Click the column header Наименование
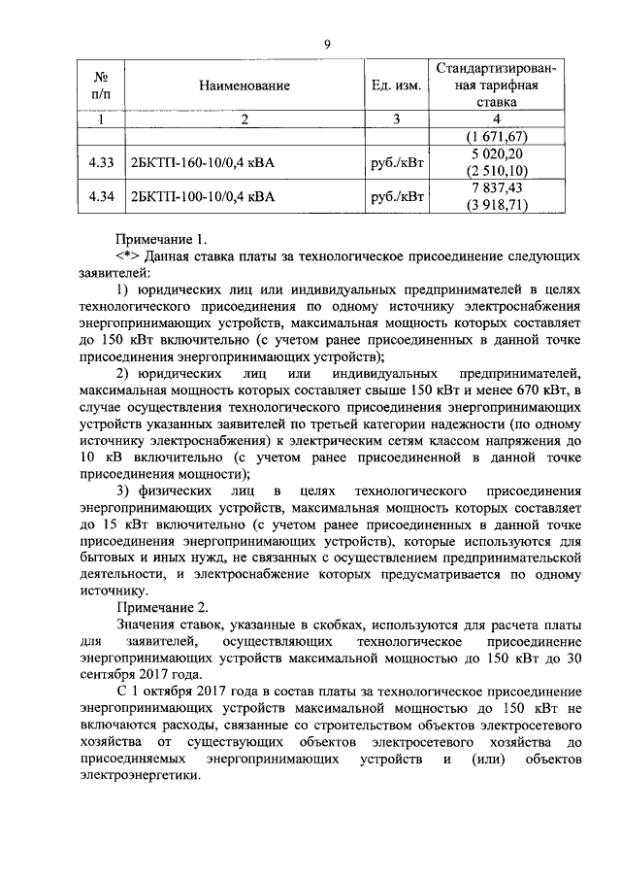click(x=245, y=86)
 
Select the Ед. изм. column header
click(x=396, y=86)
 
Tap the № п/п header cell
click(x=100, y=85)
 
